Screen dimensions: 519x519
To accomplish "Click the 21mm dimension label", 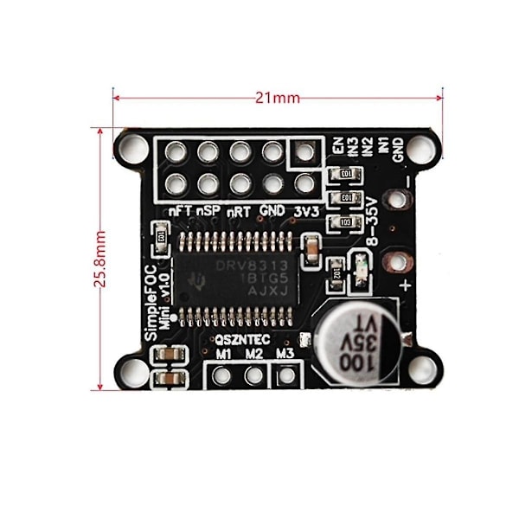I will click(278, 98).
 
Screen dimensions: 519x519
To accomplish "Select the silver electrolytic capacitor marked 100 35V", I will click(356, 341).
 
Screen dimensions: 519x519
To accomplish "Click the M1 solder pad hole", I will click(222, 375).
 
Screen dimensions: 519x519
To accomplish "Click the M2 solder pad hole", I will click(253, 375).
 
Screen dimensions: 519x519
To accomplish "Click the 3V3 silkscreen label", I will click(304, 210).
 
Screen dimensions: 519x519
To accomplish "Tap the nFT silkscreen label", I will click(179, 210).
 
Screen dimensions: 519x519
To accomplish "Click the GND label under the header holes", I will click(272, 210).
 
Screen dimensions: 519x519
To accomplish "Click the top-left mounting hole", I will click(134, 146).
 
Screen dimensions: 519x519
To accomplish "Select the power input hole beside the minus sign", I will click(396, 200).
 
